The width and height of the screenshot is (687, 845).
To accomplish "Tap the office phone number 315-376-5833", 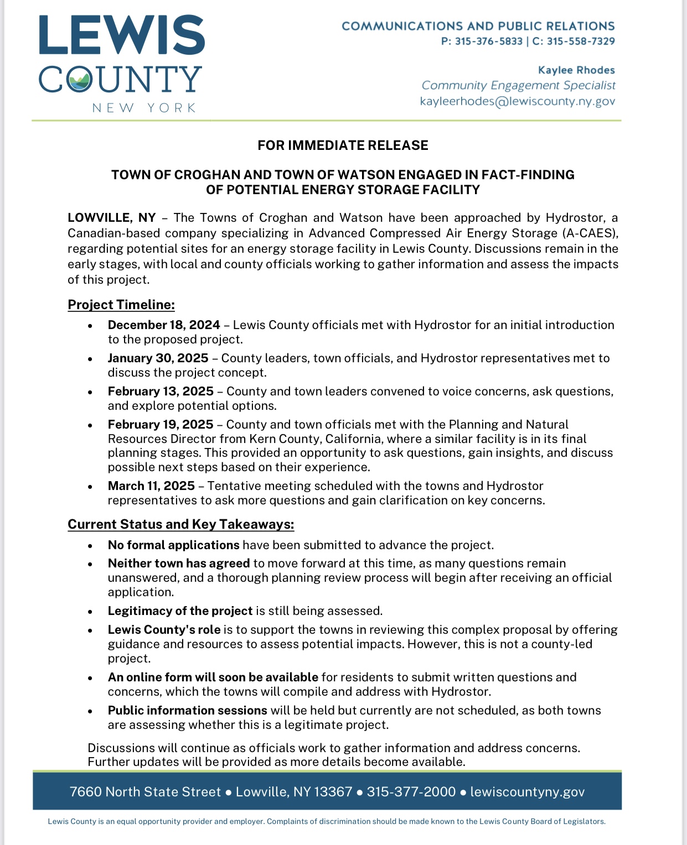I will tap(489, 41).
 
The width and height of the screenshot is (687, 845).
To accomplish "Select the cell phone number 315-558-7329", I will tap(581, 41).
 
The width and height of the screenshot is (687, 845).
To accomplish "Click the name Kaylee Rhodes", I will tap(576, 70).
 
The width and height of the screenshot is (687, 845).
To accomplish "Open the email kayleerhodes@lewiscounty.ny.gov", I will tap(518, 102).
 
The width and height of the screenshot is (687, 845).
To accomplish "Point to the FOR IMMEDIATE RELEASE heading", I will tap(343, 145).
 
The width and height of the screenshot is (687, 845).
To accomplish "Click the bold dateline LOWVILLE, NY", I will tap(112, 218).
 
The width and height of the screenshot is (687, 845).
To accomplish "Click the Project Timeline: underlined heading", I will tap(121, 305).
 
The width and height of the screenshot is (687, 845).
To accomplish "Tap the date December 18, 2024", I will tap(164, 325).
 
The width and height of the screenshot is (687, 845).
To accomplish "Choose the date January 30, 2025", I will tap(158, 358).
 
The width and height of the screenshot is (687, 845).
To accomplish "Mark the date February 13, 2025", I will tap(161, 392).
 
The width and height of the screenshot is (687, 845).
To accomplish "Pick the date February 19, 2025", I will tap(161, 425).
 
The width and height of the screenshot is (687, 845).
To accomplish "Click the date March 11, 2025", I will tap(151, 486).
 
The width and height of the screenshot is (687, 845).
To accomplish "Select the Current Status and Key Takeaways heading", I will tap(180, 524).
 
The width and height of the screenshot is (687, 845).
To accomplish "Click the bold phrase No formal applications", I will tap(174, 545).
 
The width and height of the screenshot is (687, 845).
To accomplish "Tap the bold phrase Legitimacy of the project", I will tap(180, 611).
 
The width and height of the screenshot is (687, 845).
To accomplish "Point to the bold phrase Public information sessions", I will tap(188, 711).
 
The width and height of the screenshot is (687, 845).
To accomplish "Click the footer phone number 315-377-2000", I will tap(411, 792).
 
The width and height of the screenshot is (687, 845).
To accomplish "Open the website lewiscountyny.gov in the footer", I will tap(527, 792).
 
